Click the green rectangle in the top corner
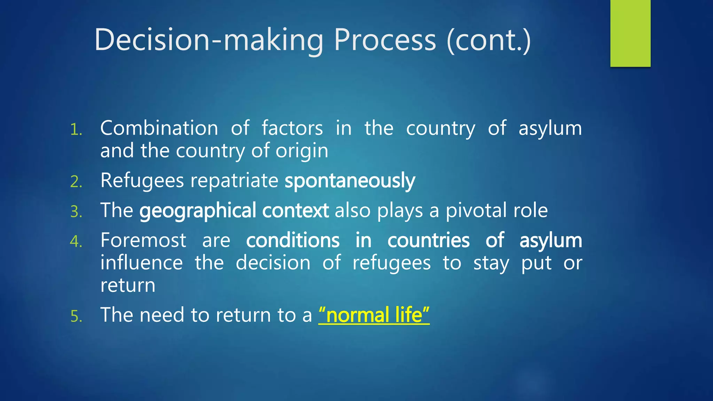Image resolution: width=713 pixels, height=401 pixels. (630, 33)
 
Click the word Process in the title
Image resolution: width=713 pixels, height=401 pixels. (385, 40)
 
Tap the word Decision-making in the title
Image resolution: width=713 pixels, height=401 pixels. (209, 40)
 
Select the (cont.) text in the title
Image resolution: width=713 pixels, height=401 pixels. (489, 40)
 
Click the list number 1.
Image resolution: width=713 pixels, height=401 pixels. (76, 130)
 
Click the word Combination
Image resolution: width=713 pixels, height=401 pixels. (159, 128)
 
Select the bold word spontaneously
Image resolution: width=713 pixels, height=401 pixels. (350, 181)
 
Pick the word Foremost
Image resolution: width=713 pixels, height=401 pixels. (143, 240)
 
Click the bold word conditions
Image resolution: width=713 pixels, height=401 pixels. (292, 240)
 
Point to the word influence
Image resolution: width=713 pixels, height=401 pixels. (141, 263)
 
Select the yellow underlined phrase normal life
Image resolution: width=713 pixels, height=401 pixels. (374, 315)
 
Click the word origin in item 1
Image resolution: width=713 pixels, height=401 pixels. (302, 151)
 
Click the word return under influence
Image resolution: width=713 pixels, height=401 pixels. (128, 286)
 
